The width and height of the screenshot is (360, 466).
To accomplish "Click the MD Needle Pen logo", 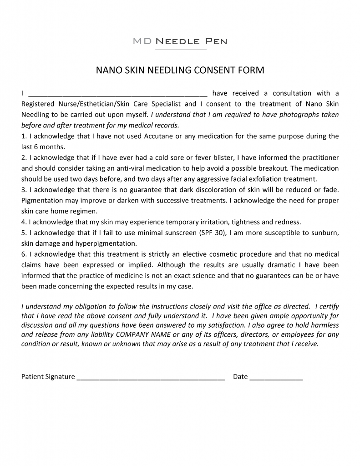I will click(x=180, y=41).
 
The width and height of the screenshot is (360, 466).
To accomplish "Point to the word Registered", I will click(x=38, y=104).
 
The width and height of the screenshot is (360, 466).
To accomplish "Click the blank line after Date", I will click(x=276, y=377).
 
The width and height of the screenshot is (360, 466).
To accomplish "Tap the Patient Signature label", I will click(x=48, y=377).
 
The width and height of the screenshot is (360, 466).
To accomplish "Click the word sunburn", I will click(x=324, y=233).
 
